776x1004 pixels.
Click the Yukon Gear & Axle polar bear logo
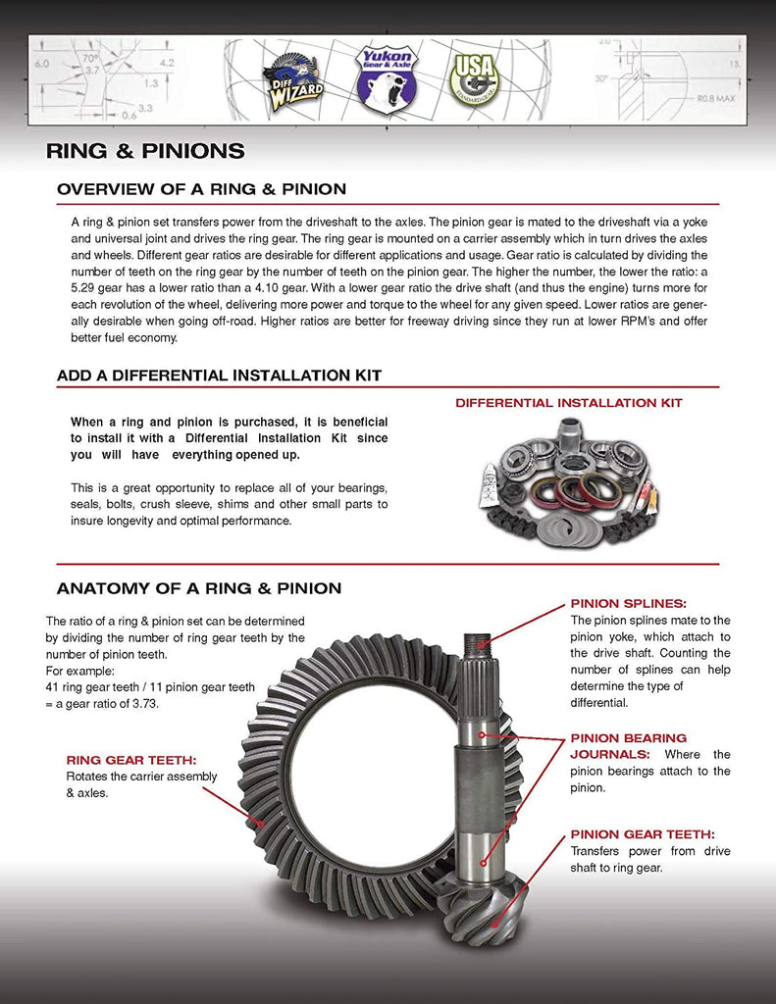pos(386,78)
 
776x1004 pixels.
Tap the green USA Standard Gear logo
pos(476,78)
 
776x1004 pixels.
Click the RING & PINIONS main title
pos(145,151)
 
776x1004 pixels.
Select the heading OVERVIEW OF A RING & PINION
pos(201,189)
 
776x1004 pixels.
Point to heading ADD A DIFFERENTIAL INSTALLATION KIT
pos(219,376)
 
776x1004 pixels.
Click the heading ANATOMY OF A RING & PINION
pos(199,588)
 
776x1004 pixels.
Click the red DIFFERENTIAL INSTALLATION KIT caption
pos(569,403)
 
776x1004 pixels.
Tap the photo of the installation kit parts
pos(570,481)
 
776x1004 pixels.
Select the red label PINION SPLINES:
pos(629,604)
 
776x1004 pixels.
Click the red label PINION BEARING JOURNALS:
pos(629,746)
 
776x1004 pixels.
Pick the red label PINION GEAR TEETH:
pos(643,834)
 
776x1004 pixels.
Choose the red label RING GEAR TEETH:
pos(131,759)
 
